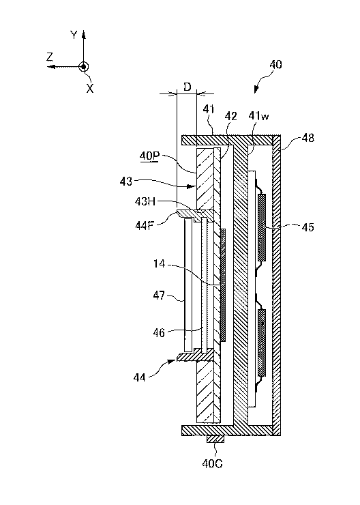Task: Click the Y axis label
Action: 74,35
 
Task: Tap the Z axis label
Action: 50,57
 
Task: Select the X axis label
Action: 90,88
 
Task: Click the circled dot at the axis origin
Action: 84,67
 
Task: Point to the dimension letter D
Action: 187,86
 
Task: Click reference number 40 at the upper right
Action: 275,65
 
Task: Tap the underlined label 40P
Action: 149,156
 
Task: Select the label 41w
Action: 258,115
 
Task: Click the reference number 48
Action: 308,138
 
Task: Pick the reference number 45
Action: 308,227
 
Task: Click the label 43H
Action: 145,201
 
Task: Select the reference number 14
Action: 159,264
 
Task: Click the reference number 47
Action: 159,295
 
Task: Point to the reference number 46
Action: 159,332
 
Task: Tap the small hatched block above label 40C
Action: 215,439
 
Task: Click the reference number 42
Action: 230,116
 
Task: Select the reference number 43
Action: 125,182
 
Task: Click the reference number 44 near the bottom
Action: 140,377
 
